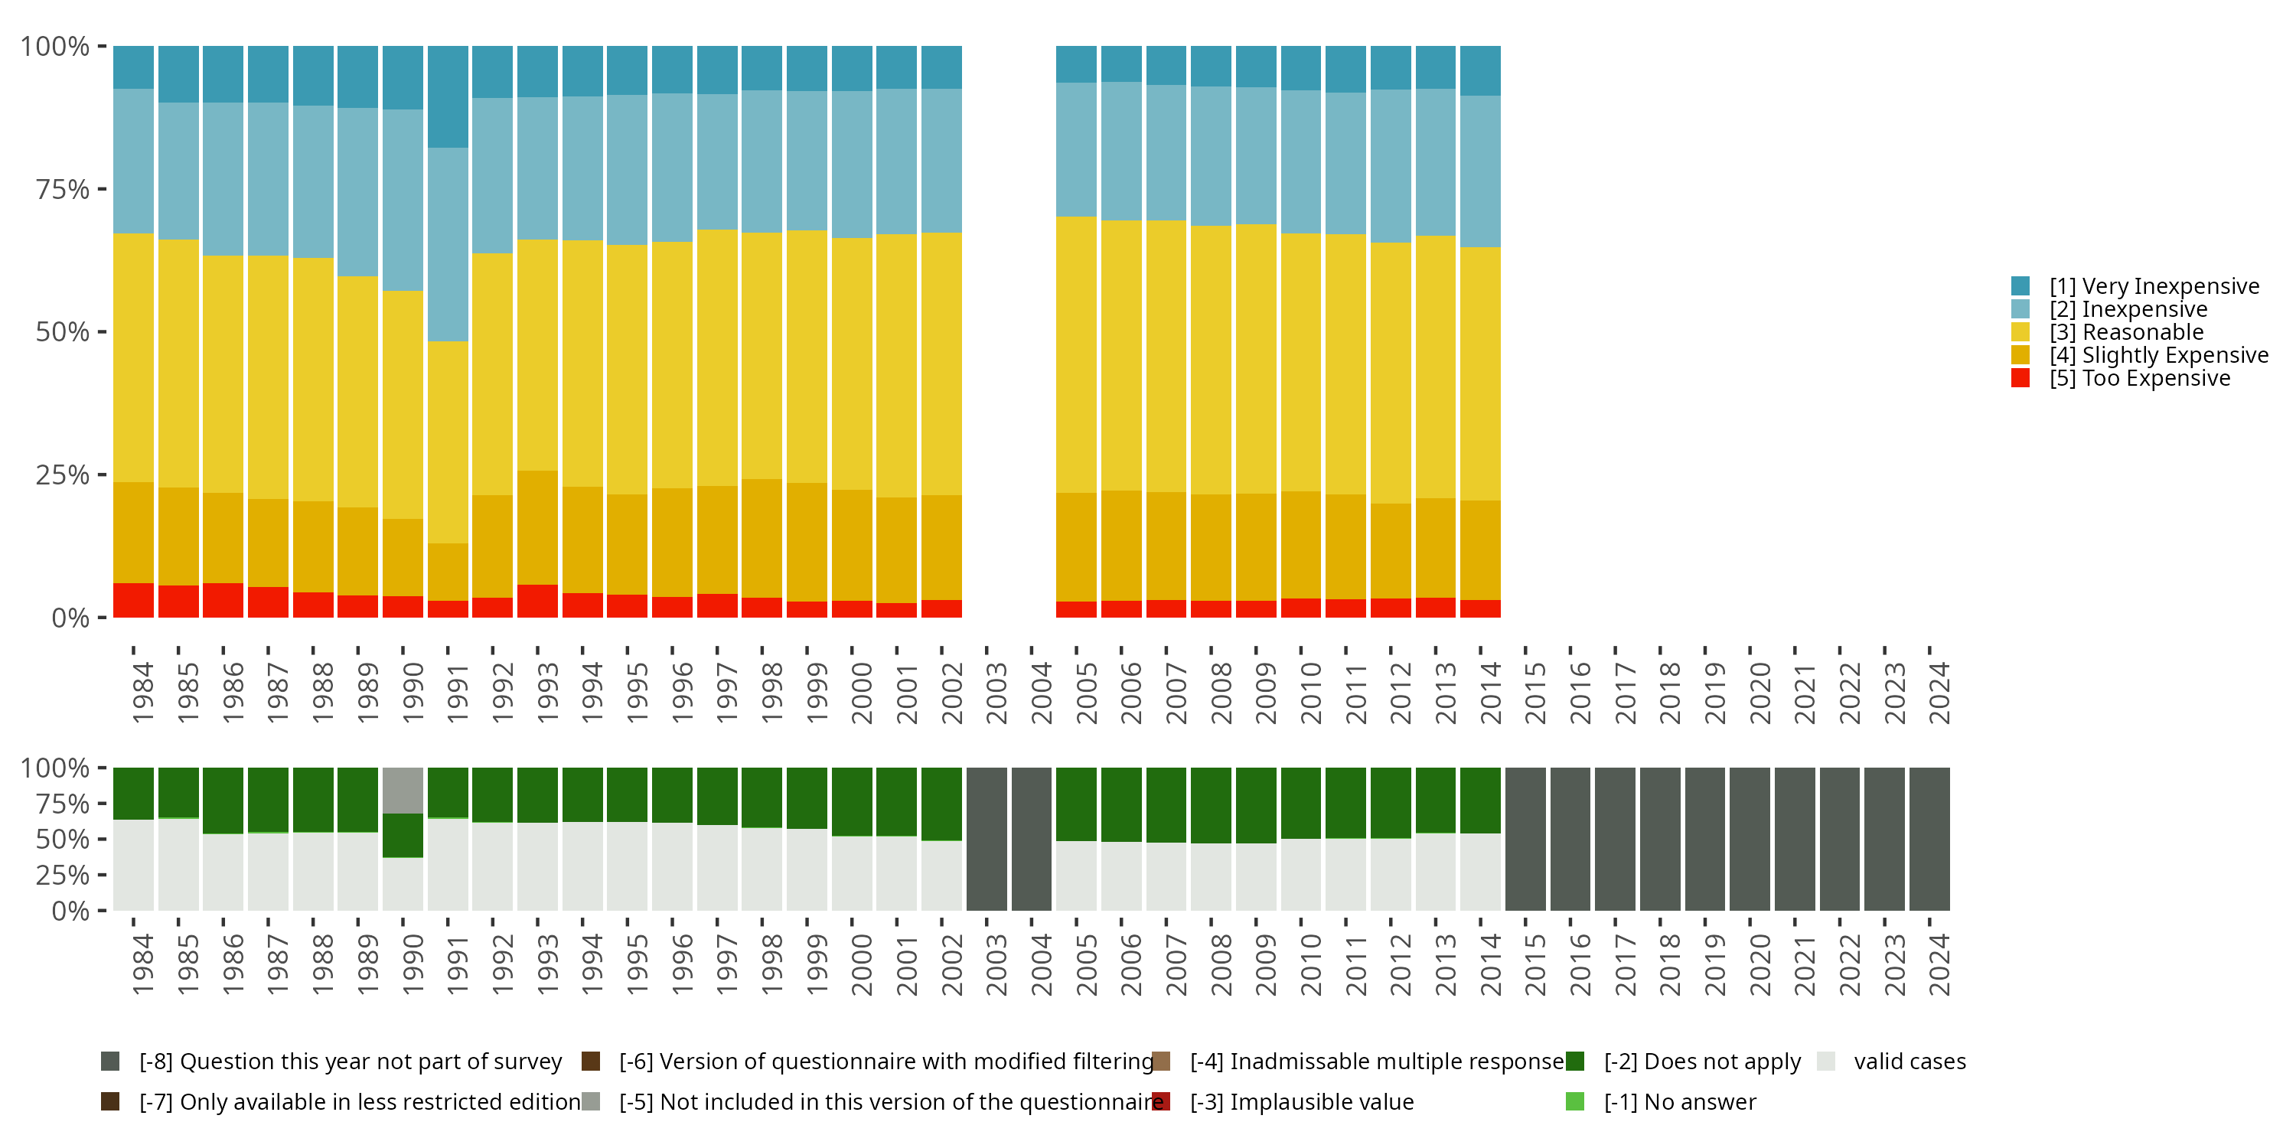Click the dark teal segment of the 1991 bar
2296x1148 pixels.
click(x=448, y=96)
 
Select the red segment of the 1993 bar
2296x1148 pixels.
click(x=537, y=601)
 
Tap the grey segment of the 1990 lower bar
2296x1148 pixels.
click(x=403, y=791)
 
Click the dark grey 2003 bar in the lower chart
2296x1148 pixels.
click(x=987, y=839)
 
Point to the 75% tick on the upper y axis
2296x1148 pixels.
click(x=103, y=189)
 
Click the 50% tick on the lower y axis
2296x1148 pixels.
click(x=103, y=839)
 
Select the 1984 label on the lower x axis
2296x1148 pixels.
click(x=142, y=964)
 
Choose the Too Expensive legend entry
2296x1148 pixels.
click(x=2122, y=378)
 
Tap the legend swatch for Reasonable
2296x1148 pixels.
click(x=2020, y=332)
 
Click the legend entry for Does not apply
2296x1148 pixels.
click(x=1684, y=1062)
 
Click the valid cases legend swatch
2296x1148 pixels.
click(x=1826, y=1062)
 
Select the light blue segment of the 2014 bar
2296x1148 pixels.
click(x=1480, y=172)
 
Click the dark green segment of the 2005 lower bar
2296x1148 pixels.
click(x=1077, y=804)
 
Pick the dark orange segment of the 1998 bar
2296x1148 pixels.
click(x=762, y=538)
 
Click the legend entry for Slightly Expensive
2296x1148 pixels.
click(x=2140, y=355)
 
